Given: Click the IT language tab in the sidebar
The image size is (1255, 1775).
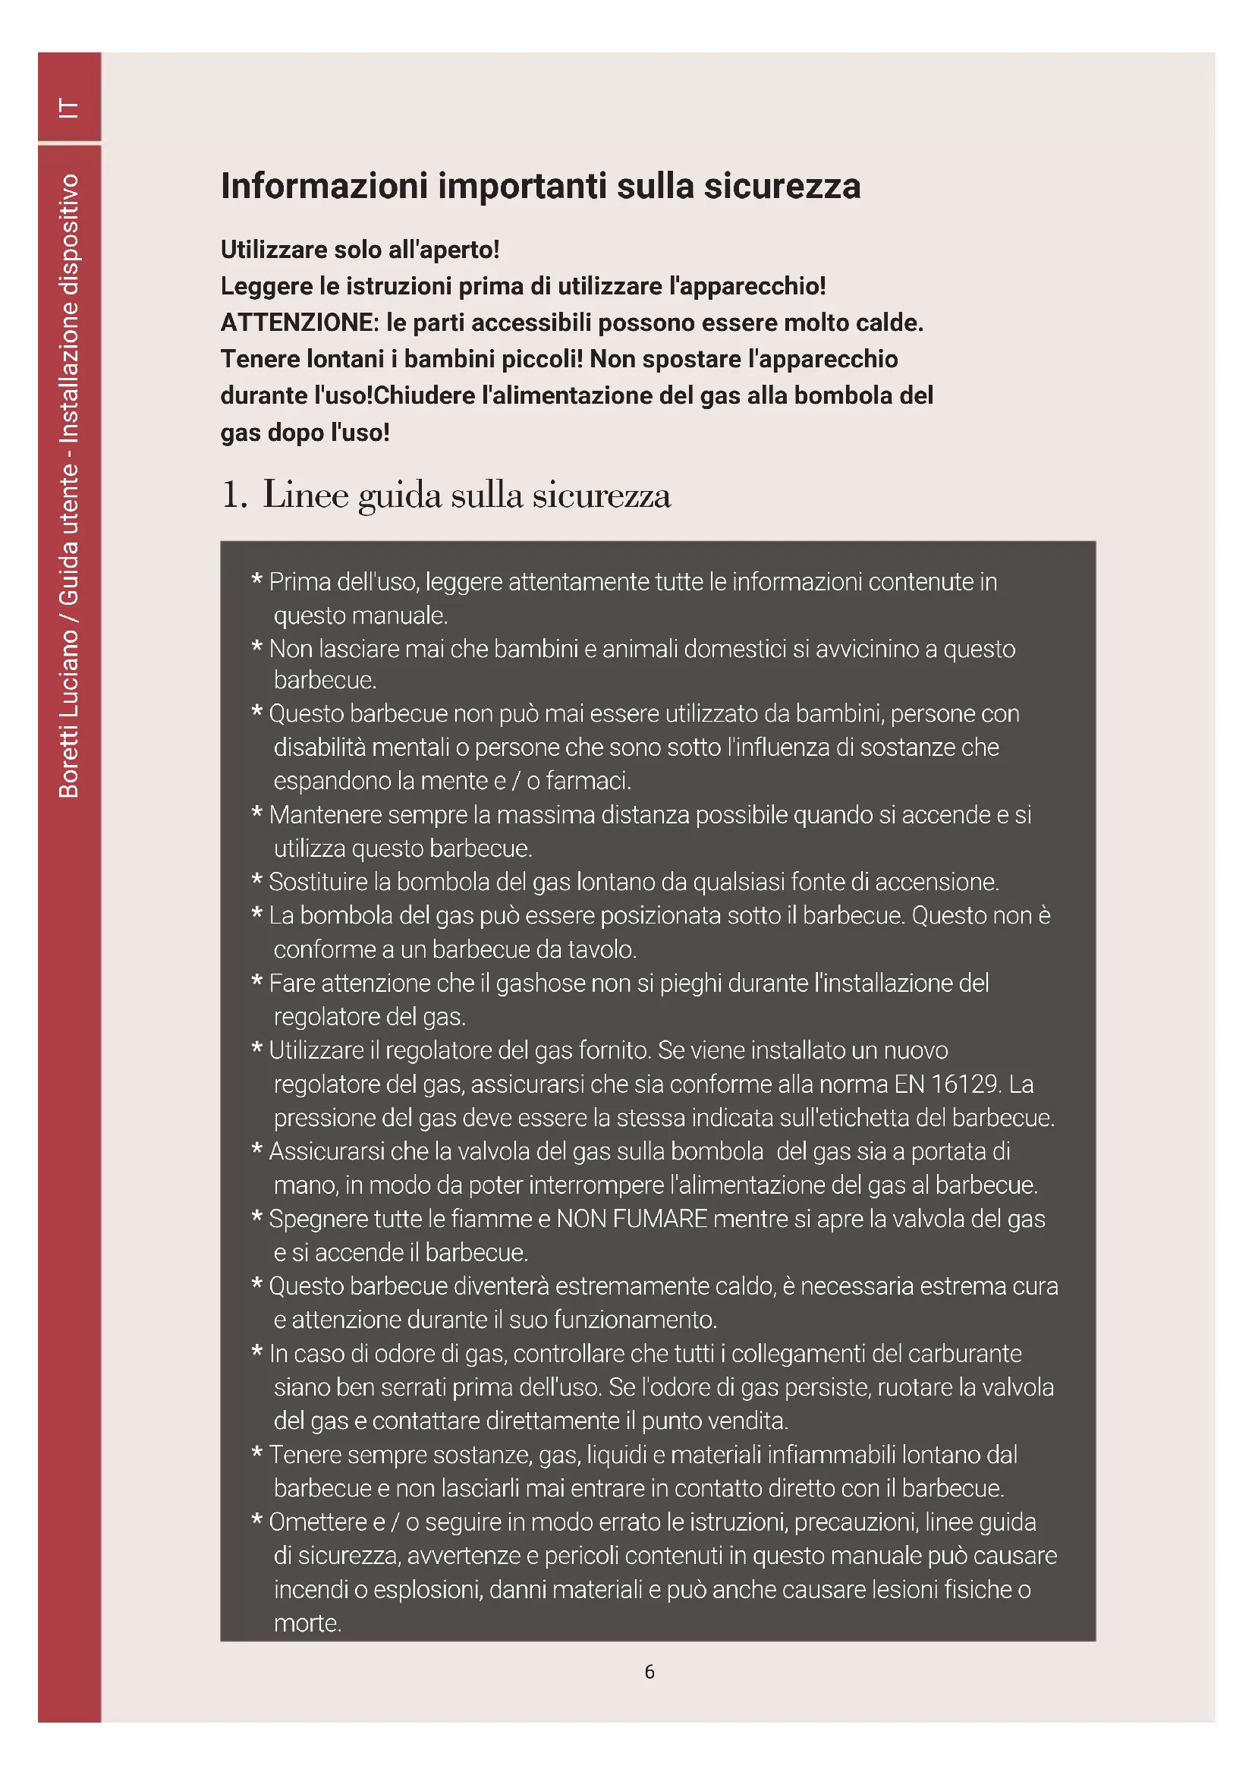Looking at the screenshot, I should pyautogui.click(x=69, y=108).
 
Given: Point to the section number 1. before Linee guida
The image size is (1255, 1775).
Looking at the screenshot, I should pyautogui.click(x=234, y=495).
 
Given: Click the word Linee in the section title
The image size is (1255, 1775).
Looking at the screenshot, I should pyautogui.click(x=305, y=495).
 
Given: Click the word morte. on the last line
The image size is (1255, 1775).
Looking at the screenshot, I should pyautogui.click(x=307, y=1622).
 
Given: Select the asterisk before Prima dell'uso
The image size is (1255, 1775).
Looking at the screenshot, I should pyautogui.click(x=257, y=581).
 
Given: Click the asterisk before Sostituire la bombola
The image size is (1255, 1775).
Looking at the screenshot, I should pyautogui.click(x=257, y=880).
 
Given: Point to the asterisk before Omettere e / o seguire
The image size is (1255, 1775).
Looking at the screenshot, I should pyautogui.click(x=257, y=1521).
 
